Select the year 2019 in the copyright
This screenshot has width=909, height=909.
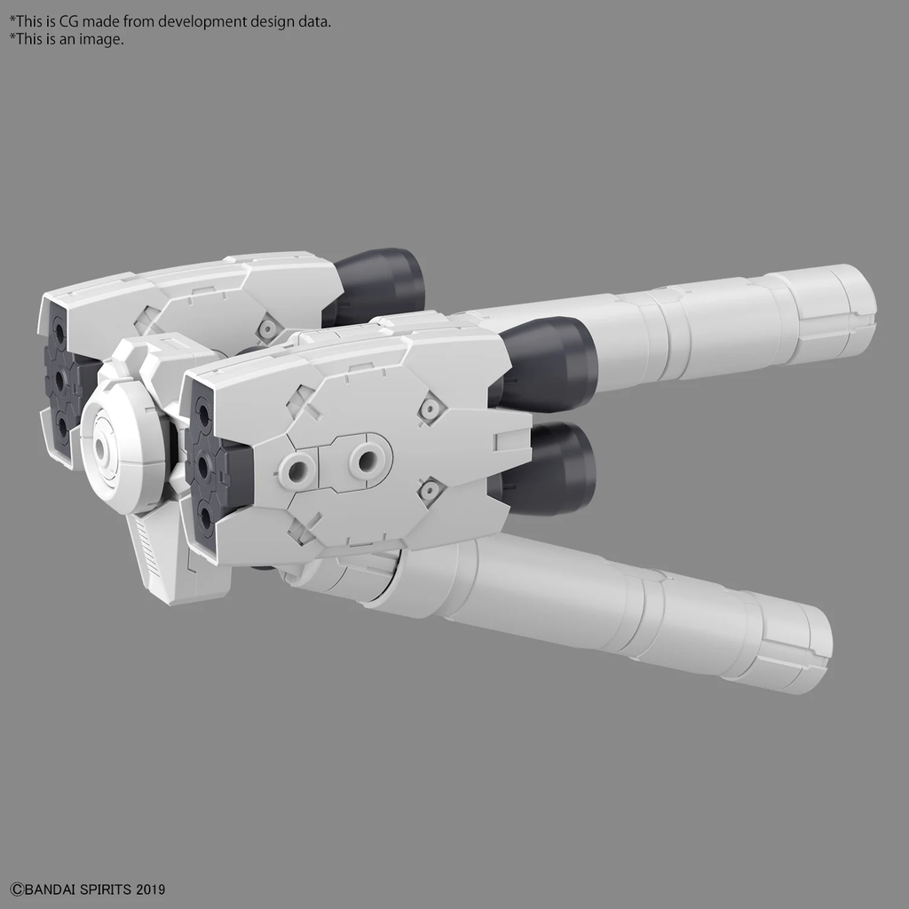click(x=151, y=889)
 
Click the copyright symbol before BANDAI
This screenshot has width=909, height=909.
click(x=15, y=889)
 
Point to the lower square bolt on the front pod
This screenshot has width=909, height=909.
click(x=430, y=489)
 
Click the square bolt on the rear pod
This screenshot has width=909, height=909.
click(x=266, y=328)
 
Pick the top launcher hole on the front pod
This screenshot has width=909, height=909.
click(x=203, y=414)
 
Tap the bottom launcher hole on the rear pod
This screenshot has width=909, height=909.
click(x=62, y=427)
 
